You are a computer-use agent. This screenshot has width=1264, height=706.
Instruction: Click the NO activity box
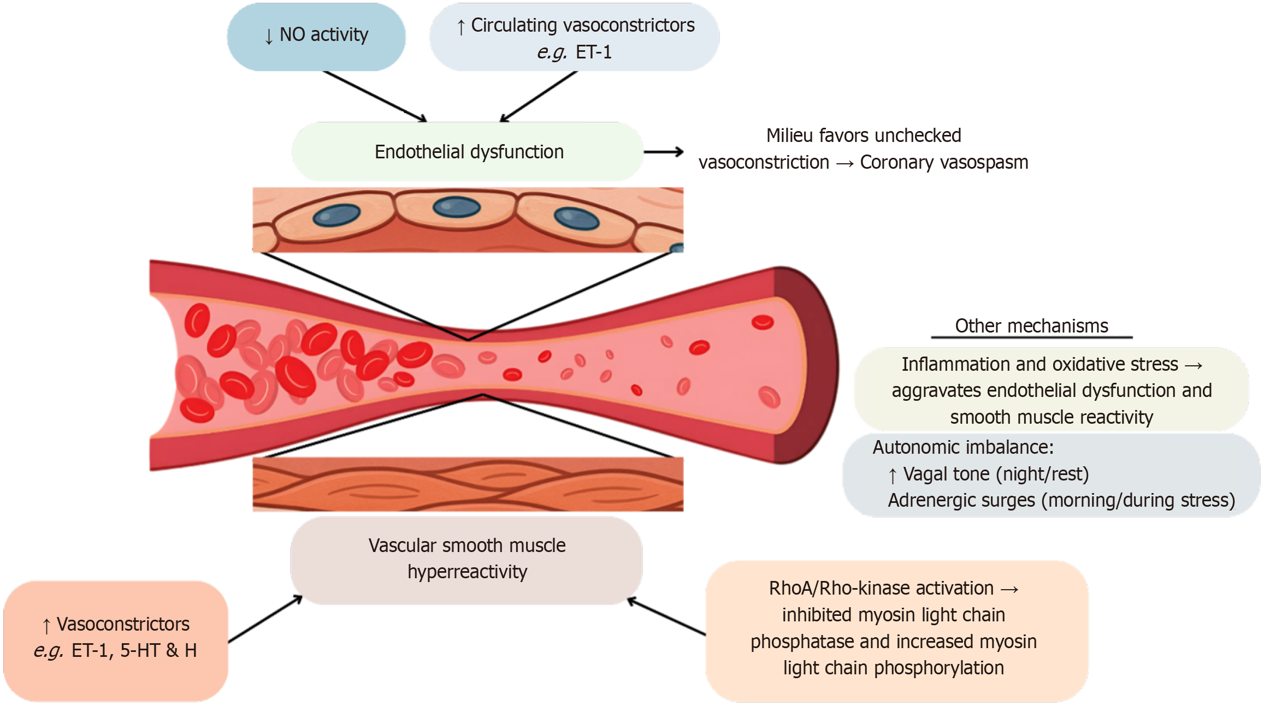pos(316,36)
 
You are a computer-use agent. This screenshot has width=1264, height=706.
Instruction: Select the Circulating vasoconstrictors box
pos(574,37)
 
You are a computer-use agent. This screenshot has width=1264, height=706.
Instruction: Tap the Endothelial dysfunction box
pos(468,152)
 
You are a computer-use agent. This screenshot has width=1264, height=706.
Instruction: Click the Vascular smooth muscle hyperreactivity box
pos(466,559)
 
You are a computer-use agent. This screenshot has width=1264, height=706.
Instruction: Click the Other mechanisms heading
pos(1031,326)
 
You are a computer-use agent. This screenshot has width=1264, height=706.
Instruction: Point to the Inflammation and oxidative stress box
pos(1051,390)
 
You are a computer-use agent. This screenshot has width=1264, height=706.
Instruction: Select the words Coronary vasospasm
pos(944,163)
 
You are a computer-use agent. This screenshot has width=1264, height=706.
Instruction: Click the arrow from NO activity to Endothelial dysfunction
pos(374,96)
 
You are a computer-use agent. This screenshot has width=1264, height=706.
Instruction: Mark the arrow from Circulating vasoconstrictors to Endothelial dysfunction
pos(539,96)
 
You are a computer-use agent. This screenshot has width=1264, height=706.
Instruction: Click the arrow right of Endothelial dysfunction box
pos(664,152)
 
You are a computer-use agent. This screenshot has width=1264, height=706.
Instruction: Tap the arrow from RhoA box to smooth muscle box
pos(666,617)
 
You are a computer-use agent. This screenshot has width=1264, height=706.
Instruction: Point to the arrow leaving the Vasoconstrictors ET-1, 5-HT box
pos(265,619)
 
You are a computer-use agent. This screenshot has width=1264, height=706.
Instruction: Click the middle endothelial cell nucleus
pos(456,207)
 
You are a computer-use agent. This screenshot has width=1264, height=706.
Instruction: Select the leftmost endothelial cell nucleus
pos(336,215)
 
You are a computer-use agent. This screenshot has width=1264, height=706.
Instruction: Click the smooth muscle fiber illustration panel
pos(468,484)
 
